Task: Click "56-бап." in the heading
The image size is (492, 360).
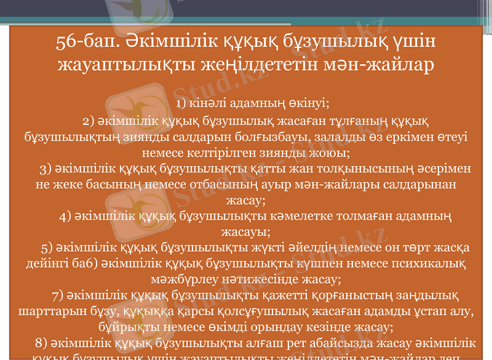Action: click(84, 42)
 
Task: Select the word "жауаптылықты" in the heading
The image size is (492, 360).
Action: click(122, 64)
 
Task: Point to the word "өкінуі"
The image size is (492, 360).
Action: click(310, 102)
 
